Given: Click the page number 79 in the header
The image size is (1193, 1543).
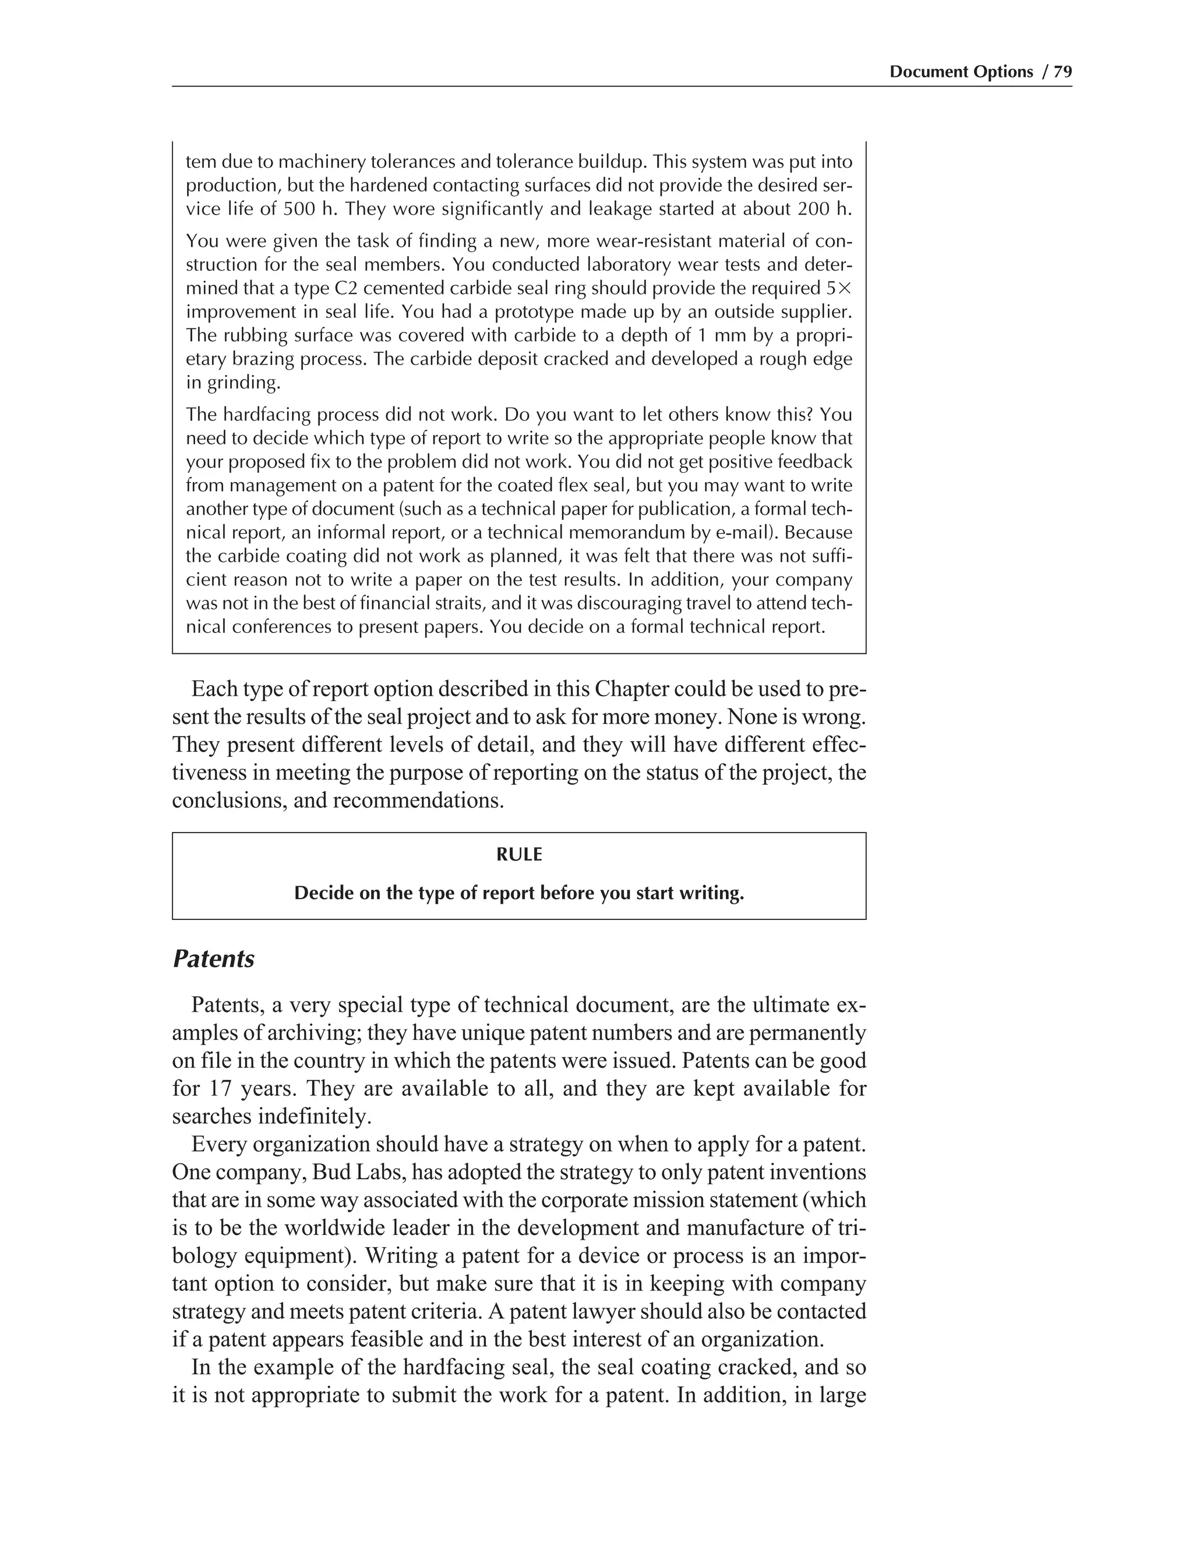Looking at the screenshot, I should pyautogui.click(x=1063, y=72).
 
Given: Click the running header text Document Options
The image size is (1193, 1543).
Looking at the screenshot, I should pyautogui.click(x=961, y=72).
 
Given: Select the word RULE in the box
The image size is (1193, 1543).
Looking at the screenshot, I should pyautogui.click(x=519, y=855).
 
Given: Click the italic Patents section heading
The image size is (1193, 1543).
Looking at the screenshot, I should pyautogui.click(x=213, y=959).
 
